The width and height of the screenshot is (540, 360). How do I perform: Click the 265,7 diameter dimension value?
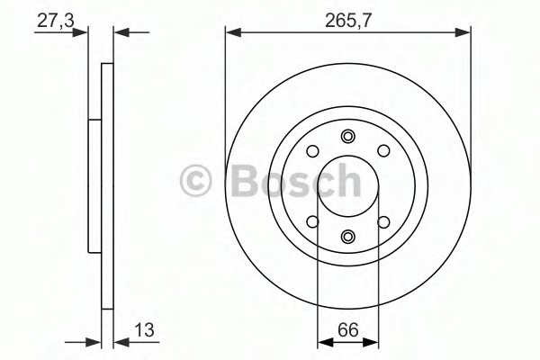tap(347, 17)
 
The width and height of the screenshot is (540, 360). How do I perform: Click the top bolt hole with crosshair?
tap(347, 137)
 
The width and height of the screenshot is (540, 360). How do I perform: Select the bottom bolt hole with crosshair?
tap(347, 237)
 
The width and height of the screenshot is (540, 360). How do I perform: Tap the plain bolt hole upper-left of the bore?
tap(312, 152)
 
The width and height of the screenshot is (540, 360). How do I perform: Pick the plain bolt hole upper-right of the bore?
tap(382, 152)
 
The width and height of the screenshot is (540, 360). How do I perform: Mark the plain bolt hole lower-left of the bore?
tap(312, 221)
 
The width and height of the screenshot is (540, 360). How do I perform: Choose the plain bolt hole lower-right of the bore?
tap(382, 221)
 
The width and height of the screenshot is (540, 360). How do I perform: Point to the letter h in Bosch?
tap(346, 181)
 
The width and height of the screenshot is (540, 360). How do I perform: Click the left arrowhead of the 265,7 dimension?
tap(231, 33)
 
